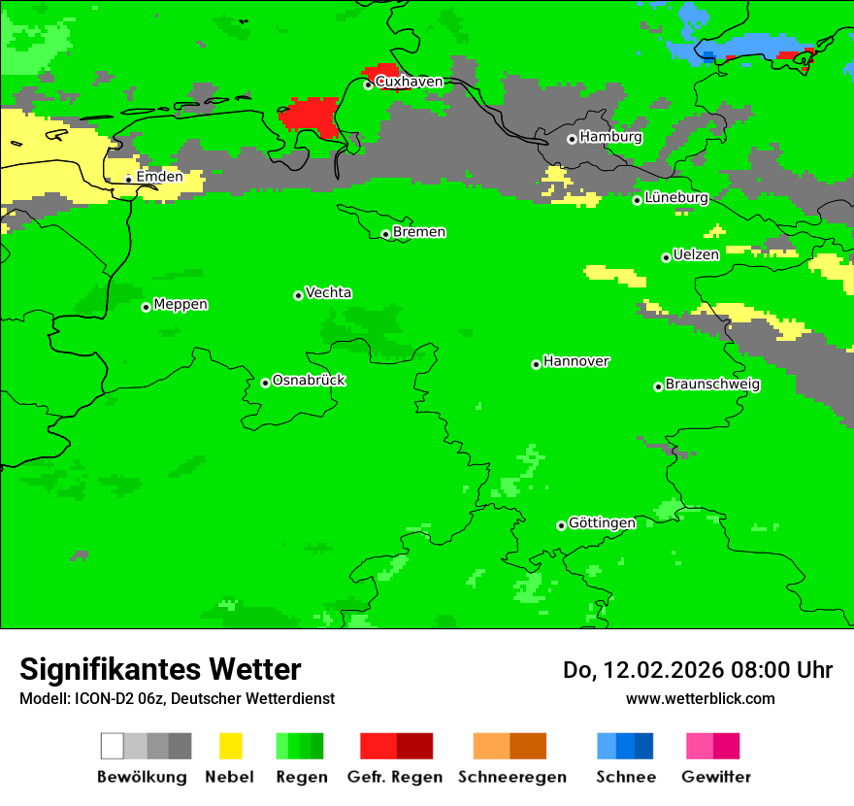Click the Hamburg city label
coord(610,137)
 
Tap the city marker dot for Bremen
coord(385,234)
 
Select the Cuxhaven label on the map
coord(409,82)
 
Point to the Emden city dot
coord(128,179)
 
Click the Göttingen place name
coord(602,523)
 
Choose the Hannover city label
coord(575,361)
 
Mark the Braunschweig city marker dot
coord(658,386)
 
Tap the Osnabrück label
coord(309,381)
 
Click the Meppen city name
coord(181,305)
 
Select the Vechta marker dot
coord(298,295)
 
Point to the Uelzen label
coord(696,255)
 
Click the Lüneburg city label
coord(675,198)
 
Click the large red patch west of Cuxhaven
coord(311,115)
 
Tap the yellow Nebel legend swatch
coord(230,746)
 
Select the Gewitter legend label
coord(716,777)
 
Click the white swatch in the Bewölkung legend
coord(113,746)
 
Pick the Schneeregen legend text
coord(512,777)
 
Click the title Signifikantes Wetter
coord(160,669)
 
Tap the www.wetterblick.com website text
coord(700,698)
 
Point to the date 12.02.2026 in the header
coord(660,670)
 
